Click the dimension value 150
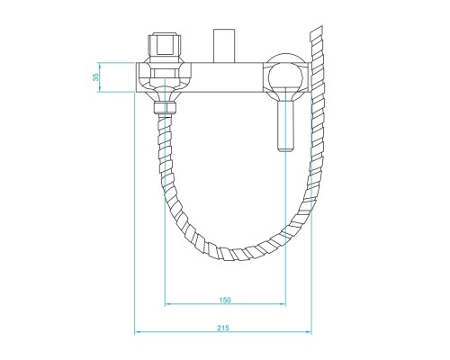[224, 299]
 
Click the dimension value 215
[224, 327]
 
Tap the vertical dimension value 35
[96, 76]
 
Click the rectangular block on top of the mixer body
[224, 45]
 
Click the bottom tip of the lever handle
[284, 149]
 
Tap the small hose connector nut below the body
[165, 108]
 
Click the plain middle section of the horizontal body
[225, 76]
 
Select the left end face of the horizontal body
[137, 76]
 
